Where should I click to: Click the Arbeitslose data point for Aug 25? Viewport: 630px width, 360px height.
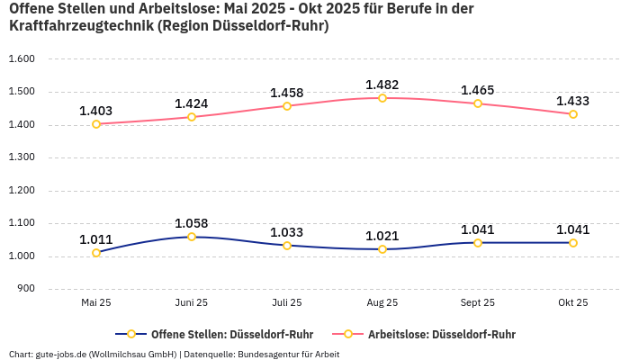tap(382, 98)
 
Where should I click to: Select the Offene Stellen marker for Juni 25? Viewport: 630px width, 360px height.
tap(192, 237)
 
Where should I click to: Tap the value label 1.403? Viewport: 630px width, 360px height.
tap(96, 111)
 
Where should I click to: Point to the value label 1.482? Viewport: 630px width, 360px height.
tap(382, 85)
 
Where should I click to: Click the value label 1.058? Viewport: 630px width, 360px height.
tap(192, 223)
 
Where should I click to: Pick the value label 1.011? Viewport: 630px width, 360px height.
tap(96, 239)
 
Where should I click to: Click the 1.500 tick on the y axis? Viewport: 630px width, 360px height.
tap(21, 92)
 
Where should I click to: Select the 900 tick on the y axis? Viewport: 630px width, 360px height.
tap(25, 289)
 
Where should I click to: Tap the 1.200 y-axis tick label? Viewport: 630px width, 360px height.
tap(21, 190)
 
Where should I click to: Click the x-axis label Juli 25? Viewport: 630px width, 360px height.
tap(287, 303)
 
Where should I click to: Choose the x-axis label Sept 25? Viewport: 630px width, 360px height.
tap(478, 303)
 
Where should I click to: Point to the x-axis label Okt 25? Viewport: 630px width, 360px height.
tap(573, 303)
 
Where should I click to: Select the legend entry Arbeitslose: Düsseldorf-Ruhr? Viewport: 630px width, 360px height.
tap(441, 334)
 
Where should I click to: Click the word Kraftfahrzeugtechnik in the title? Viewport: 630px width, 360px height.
tap(80, 26)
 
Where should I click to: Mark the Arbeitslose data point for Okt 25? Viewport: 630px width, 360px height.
tap(573, 114)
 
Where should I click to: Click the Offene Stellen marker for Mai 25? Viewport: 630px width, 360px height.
tap(96, 253)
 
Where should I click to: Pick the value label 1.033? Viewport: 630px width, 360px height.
tap(287, 232)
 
